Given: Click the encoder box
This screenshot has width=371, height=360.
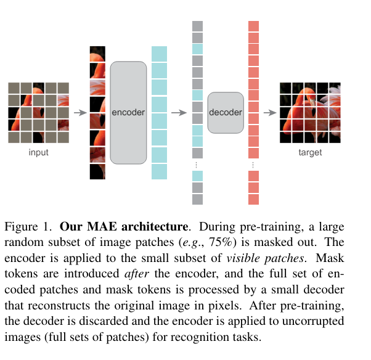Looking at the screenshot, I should (128, 112).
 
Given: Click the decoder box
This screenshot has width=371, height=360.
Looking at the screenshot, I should (226, 112).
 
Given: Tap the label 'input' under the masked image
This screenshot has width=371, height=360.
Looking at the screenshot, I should (38, 152).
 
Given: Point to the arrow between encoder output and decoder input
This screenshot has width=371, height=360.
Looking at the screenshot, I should (178, 113).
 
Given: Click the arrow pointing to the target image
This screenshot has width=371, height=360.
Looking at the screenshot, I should (269, 113).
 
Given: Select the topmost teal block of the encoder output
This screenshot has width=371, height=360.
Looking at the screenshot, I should (159, 53).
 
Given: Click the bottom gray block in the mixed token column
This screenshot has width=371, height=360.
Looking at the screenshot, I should (197, 199).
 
